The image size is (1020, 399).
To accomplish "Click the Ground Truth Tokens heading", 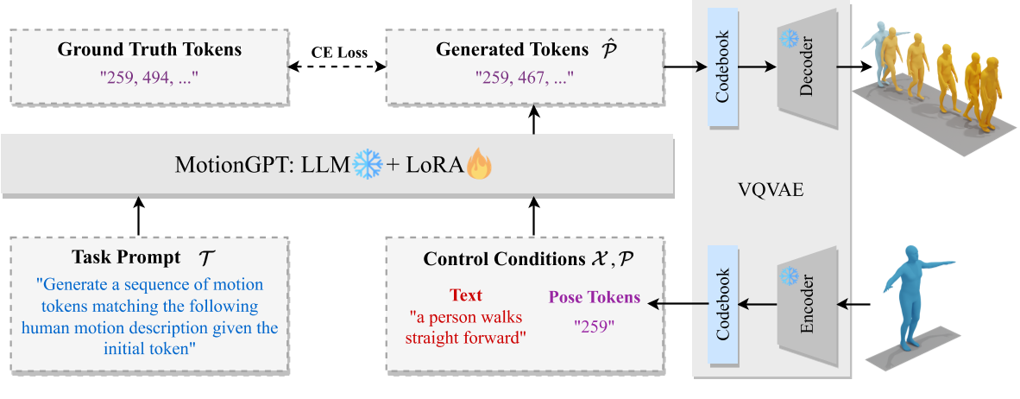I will point(149,49).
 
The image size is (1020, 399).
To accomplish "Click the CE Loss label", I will point(339,53).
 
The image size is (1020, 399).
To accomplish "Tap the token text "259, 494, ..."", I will point(149,77).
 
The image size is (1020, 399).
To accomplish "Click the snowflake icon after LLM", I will point(369,164).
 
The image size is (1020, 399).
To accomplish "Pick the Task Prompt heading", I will point(126,258).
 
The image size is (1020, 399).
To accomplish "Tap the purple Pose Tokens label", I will point(595,297).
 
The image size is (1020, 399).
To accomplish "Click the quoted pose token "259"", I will point(595,326).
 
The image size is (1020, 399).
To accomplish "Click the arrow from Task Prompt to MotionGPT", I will point(138,216).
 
